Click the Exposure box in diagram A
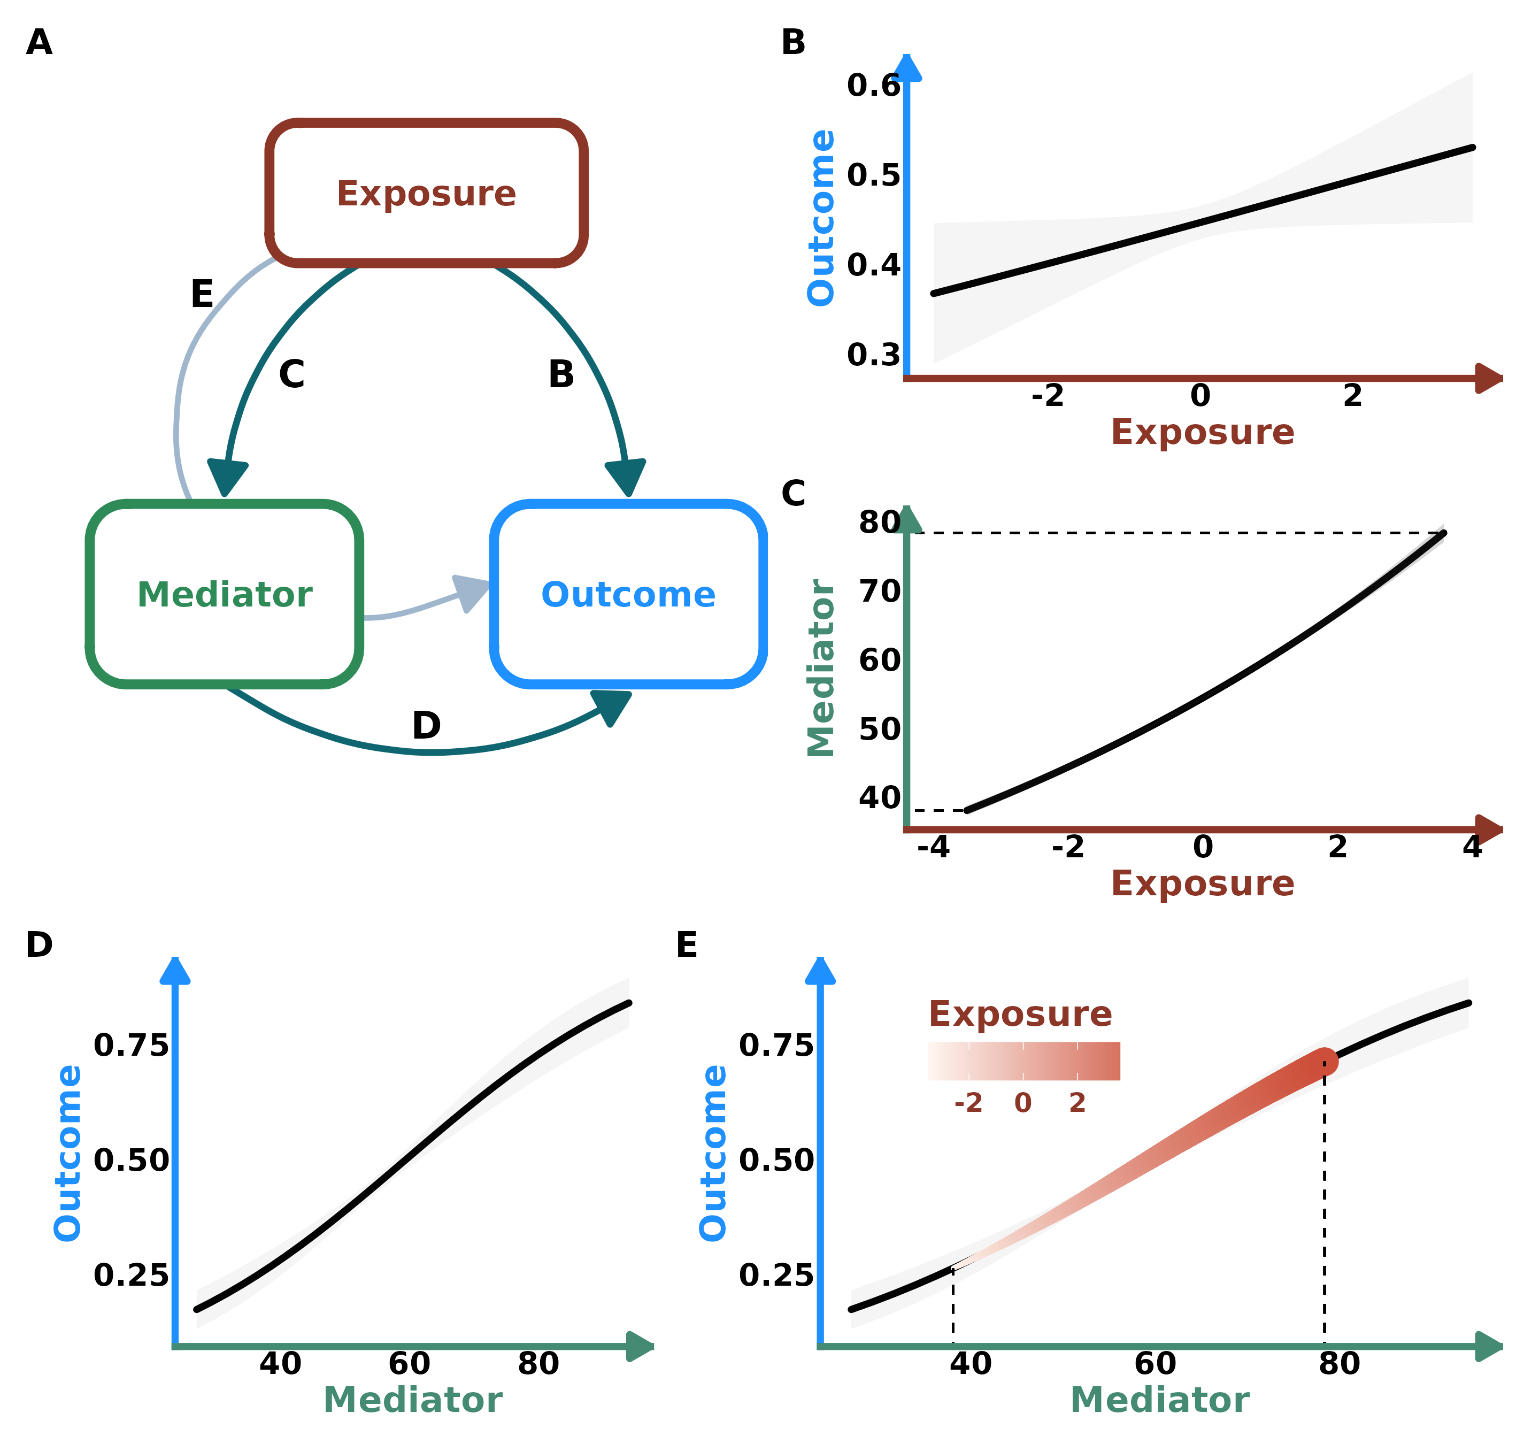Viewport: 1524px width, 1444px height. click(x=426, y=193)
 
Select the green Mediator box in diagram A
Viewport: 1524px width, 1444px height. click(x=224, y=594)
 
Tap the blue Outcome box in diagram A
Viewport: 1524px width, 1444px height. click(x=628, y=594)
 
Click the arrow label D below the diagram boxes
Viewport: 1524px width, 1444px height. click(x=426, y=725)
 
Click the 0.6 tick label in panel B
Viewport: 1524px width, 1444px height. click(x=873, y=86)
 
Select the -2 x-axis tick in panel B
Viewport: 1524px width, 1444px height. click(x=1048, y=396)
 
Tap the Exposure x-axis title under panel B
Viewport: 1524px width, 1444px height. click(x=1202, y=432)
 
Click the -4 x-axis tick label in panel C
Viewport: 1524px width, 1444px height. click(x=933, y=847)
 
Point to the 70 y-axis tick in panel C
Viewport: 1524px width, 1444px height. click(x=879, y=591)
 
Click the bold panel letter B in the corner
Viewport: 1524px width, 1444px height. click(x=793, y=42)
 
